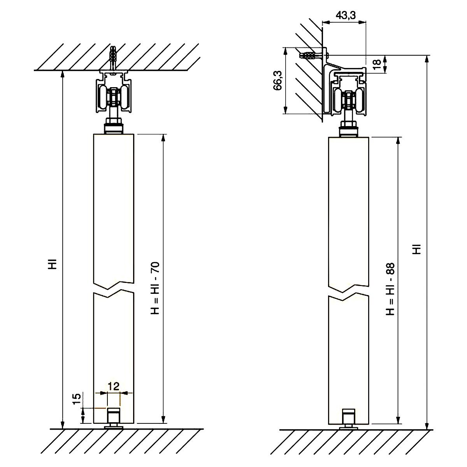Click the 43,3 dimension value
click(x=346, y=16)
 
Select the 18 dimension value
click(x=377, y=64)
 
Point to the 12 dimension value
click(x=114, y=386)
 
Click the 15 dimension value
click(x=76, y=400)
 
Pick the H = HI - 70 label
click(x=155, y=288)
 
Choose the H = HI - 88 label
click(x=390, y=289)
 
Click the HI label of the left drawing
click(x=53, y=264)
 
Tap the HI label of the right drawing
click(x=416, y=249)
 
